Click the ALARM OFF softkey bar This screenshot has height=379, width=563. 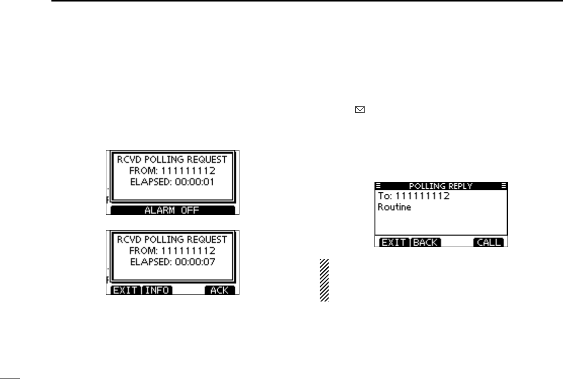(172, 210)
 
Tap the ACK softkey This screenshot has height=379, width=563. (220, 290)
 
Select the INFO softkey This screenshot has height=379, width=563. (156, 290)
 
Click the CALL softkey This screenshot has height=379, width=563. (488, 243)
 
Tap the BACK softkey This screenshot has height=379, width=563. (426, 243)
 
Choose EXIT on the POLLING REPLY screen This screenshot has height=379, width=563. (393, 243)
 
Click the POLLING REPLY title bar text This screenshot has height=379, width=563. (441, 186)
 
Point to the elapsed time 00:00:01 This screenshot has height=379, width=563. (194, 182)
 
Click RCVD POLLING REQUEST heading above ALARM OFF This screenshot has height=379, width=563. (172, 160)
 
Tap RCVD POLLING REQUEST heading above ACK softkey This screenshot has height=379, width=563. (172, 239)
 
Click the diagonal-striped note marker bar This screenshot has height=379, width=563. (324, 280)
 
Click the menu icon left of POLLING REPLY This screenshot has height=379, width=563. (378, 185)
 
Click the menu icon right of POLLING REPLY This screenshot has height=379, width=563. (503, 185)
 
